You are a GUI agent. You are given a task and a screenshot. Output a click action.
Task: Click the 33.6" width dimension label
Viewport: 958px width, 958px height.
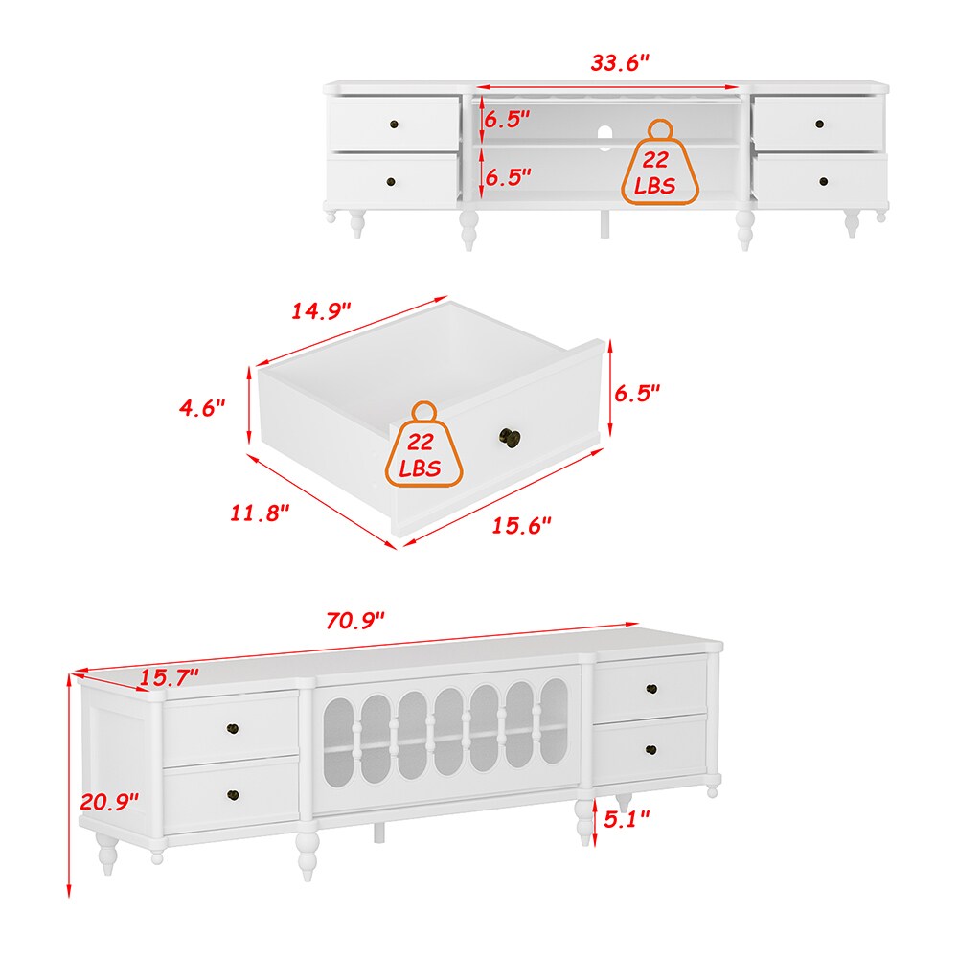coord(620,62)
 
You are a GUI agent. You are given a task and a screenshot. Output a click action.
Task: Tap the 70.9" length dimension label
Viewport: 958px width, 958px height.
coord(355,620)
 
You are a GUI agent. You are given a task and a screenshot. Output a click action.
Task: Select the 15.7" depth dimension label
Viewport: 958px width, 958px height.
coord(169,677)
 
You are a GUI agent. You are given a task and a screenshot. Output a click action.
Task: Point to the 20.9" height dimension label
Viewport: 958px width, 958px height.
coord(109,801)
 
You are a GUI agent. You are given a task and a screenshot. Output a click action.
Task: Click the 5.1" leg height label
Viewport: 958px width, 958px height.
coord(627,819)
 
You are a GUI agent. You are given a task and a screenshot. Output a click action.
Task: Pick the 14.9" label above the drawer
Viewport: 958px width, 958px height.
coord(321,311)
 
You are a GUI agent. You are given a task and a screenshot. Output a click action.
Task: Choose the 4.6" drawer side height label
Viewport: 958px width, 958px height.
coord(202,407)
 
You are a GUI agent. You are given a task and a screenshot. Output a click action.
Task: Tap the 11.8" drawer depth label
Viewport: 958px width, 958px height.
coord(260,513)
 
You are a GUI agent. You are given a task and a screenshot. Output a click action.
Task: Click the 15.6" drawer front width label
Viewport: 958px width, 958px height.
coord(521,525)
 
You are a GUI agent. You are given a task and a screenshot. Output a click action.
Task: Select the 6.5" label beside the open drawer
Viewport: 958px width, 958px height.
coord(637,393)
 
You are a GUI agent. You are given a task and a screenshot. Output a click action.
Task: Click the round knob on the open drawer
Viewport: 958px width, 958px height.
coord(509,438)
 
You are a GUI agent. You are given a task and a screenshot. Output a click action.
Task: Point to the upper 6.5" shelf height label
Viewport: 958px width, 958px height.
coord(507,119)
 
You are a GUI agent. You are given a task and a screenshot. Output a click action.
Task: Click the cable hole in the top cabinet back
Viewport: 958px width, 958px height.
coord(604,138)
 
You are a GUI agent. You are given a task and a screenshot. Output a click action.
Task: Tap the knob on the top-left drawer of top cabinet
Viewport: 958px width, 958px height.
coord(394,125)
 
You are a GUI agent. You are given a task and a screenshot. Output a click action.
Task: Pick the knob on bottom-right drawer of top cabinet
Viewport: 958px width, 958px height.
coord(823,181)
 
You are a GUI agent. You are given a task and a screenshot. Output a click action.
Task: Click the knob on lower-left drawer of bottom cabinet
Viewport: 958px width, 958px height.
coord(233,795)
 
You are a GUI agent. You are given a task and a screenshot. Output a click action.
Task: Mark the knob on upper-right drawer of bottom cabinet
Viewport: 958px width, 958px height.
coord(651,689)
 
